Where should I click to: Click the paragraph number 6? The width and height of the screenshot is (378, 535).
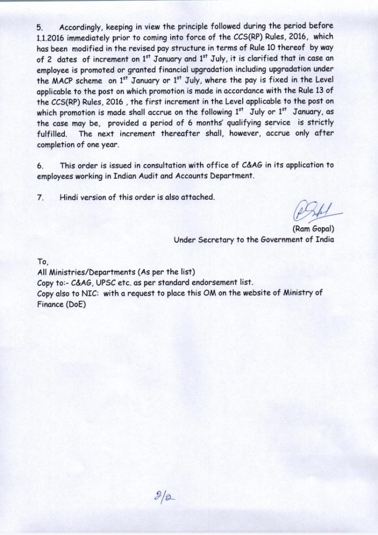[40, 166]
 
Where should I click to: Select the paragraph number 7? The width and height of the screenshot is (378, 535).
[40, 197]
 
